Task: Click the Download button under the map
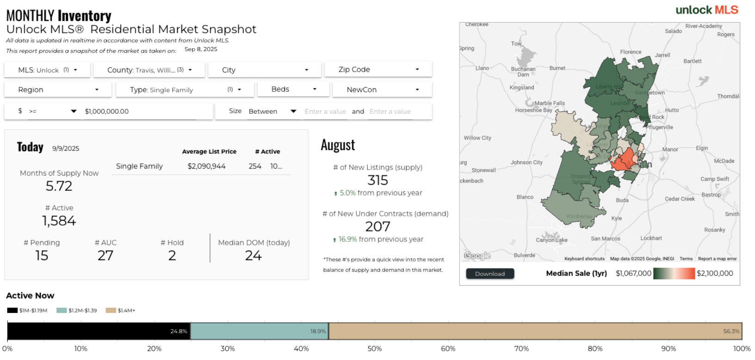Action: click(490, 274)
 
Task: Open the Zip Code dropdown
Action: click(378, 69)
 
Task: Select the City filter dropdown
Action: click(264, 70)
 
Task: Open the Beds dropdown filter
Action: click(294, 89)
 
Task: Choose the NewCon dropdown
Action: click(382, 90)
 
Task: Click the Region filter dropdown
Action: click(58, 90)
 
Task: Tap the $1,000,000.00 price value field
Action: click(139, 111)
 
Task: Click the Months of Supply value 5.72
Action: click(59, 186)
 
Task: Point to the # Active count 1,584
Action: click(59, 221)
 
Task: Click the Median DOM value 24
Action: click(253, 256)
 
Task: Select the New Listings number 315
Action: click(377, 180)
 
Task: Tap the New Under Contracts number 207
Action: click(377, 226)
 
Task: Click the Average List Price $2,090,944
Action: click(206, 166)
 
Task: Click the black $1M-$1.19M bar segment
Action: click(98, 331)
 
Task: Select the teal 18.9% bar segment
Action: click(259, 331)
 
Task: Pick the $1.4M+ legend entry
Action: click(121, 311)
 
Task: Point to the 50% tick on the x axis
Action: click(374, 349)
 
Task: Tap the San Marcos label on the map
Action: click(605, 238)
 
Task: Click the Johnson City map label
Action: click(526, 163)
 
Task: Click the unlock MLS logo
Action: click(706, 10)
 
